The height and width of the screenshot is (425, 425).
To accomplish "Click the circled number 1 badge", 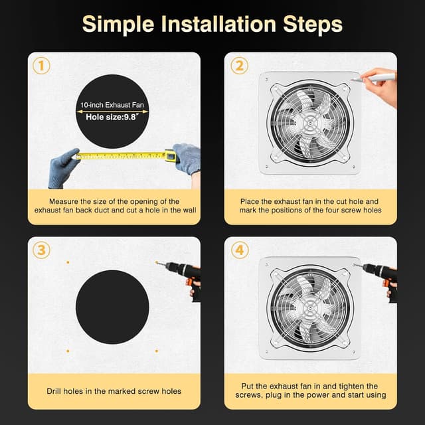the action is pos(41,66).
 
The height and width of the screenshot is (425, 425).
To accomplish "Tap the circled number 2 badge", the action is pos(240,66).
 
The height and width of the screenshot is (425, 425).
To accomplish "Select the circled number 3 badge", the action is pos(41,250).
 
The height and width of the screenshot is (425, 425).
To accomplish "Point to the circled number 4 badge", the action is pos(240,250).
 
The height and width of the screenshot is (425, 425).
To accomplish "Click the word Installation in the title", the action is pos(218,25).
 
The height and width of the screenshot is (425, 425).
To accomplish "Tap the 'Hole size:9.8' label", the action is pos(112,117).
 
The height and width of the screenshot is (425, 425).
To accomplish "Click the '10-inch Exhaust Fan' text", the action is pos(112,105).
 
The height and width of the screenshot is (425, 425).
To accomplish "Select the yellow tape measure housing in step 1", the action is pos(170,155).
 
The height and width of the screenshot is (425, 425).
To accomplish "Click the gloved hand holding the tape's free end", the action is pos(63,167).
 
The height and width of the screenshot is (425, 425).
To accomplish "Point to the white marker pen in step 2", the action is pos(373,78).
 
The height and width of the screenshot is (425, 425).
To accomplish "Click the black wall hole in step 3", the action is pos(112,307).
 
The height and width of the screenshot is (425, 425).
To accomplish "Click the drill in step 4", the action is pos(378,279).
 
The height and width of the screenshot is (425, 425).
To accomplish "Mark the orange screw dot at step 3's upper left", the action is pos(68,262).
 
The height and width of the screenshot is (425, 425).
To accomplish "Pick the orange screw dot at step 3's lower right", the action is pos(157,351).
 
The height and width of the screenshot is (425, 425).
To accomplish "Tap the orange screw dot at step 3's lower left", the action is pos(68,351).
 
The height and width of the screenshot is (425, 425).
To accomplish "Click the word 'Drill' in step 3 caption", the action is pos(54,391).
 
